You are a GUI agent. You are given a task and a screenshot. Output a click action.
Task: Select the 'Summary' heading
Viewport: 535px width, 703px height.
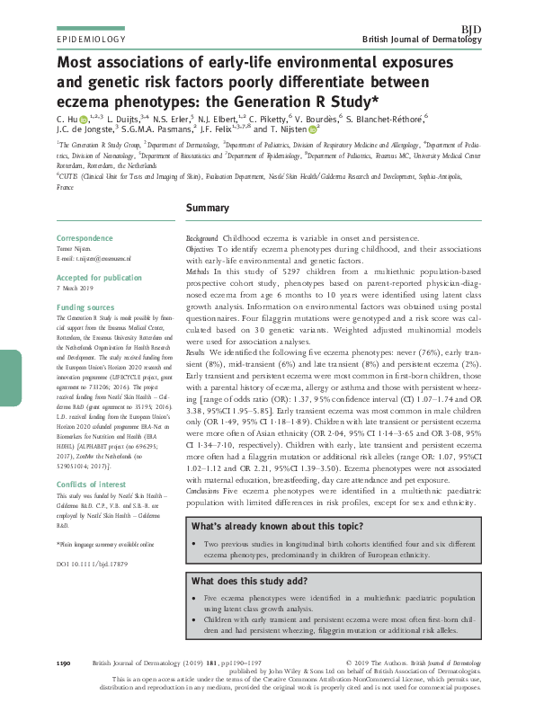207,209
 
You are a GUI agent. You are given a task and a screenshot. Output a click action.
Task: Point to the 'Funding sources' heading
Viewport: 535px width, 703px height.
84,307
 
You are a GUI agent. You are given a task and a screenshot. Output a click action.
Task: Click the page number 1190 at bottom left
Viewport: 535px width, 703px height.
63,663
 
